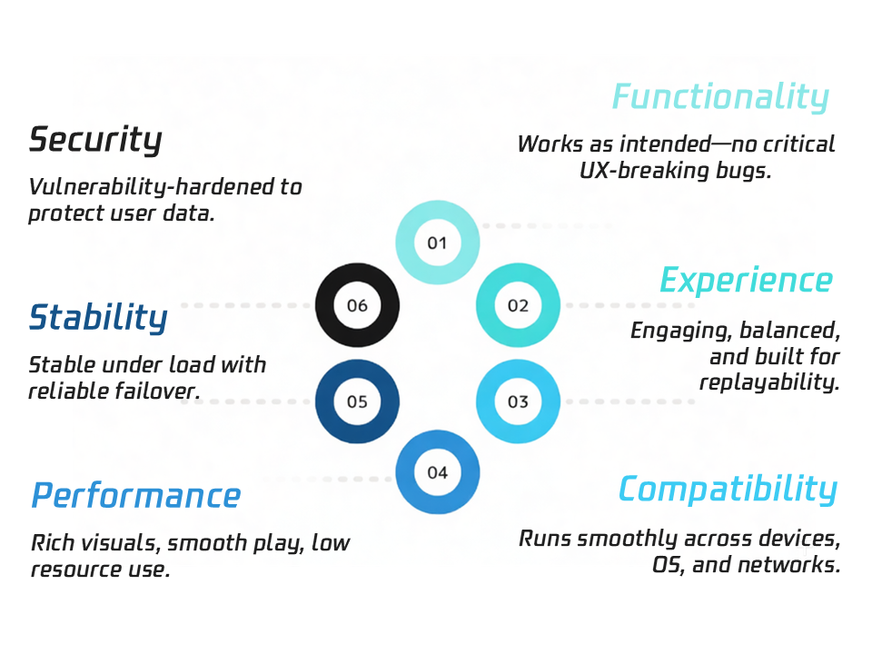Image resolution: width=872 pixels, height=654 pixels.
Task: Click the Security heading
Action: pyautogui.click(x=95, y=140)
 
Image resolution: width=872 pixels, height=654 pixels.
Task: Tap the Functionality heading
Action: pyautogui.click(x=720, y=96)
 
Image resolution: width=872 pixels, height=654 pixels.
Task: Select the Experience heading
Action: pyautogui.click(x=746, y=280)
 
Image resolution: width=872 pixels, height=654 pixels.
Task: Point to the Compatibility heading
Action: pyautogui.click(x=727, y=490)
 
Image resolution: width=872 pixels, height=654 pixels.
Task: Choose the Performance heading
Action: pyautogui.click(x=136, y=496)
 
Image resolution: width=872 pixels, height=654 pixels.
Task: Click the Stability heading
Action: pyautogui.click(x=98, y=318)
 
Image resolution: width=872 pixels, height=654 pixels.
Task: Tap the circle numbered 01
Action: pyautogui.click(x=438, y=243)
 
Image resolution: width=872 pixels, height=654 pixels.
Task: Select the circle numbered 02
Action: pyautogui.click(x=518, y=306)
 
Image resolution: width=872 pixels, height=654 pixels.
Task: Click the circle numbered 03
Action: pyautogui.click(x=518, y=401)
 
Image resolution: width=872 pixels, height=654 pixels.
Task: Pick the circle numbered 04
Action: pyautogui.click(x=438, y=472)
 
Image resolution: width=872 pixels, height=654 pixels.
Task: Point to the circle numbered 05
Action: pyautogui.click(x=357, y=401)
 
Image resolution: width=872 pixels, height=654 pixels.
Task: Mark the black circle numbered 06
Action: pyautogui.click(x=357, y=306)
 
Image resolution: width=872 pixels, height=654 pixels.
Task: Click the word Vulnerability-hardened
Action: pyautogui.click(x=153, y=187)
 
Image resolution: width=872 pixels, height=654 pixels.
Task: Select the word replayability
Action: pyautogui.click(x=769, y=381)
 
